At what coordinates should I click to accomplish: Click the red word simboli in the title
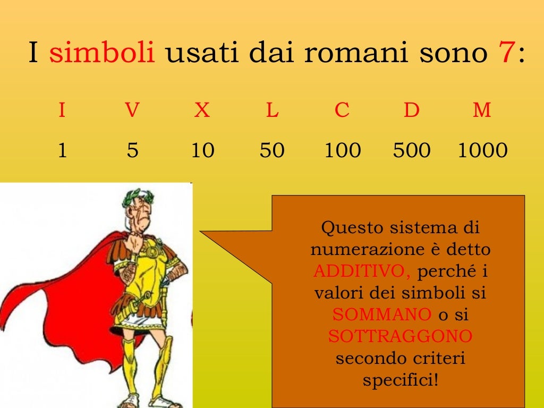[x=102, y=54]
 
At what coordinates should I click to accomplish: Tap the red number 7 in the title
[x=505, y=54]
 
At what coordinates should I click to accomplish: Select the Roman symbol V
[x=132, y=110]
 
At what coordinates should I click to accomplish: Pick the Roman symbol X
[x=202, y=110]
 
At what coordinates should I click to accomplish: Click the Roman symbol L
[x=272, y=110]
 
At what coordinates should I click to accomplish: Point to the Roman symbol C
[x=342, y=110]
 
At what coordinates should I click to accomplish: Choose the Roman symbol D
[x=411, y=110]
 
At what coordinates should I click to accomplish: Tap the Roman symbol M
[x=482, y=110]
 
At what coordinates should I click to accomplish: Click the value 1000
[x=482, y=151]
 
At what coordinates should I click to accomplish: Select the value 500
[x=411, y=151]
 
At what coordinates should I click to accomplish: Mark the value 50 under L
[x=272, y=151]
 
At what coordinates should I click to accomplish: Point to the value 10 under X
[x=202, y=151]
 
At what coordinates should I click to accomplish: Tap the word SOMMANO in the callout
[x=382, y=314]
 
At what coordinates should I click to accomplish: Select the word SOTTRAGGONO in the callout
[x=400, y=336]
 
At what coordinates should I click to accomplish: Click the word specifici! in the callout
[x=401, y=380]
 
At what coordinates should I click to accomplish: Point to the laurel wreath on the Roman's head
[x=140, y=197]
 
